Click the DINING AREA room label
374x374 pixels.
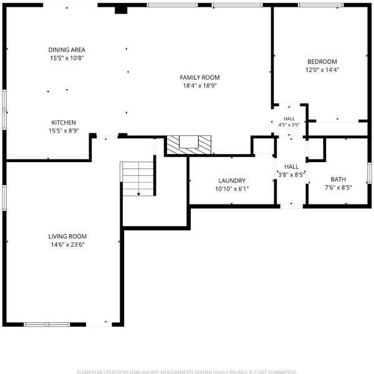point(67,50)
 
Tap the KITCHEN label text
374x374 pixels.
point(64,123)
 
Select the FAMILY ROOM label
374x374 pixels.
point(199,77)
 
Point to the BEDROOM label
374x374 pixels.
point(322,62)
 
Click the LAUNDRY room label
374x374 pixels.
point(232,181)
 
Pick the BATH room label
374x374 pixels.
point(338,179)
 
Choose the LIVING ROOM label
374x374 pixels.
point(67,236)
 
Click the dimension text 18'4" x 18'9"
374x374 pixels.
point(199,85)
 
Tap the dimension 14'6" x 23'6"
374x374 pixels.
point(67,244)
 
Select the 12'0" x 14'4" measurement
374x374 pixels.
point(322,70)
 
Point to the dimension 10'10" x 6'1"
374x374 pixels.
point(232,189)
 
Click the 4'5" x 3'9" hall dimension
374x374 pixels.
point(289,125)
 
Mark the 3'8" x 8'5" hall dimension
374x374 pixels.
point(292,175)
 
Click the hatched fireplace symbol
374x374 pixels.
point(189,145)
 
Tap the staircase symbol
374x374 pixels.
point(138,179)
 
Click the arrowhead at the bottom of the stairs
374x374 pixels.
point(138,194)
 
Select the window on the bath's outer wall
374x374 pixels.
point(370,173)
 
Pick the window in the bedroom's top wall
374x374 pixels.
point(321,5)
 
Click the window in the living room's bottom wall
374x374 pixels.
point(47,324)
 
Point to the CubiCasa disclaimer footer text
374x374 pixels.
point(187,372)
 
